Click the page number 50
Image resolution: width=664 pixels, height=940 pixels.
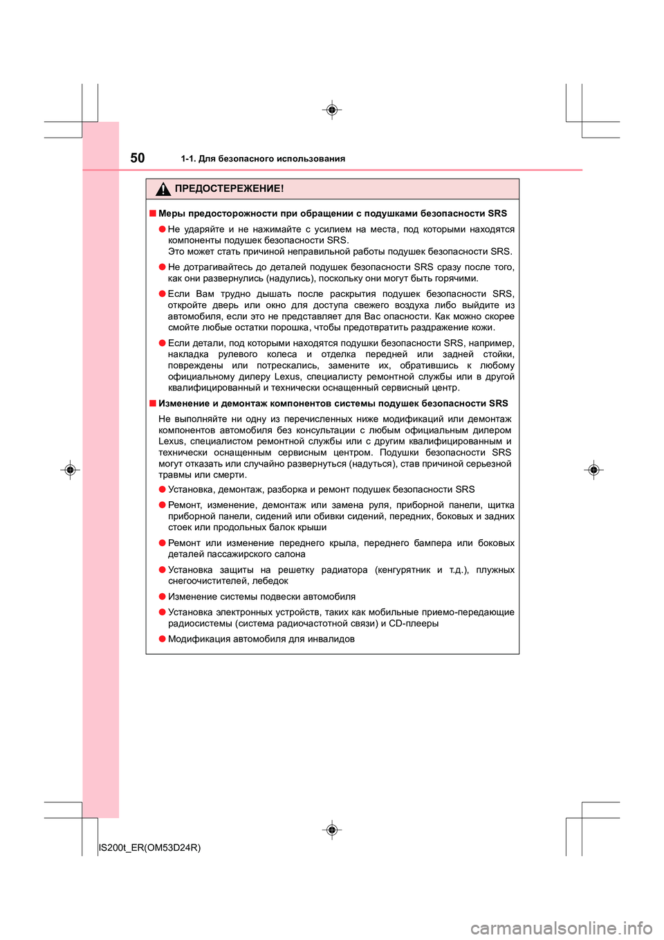coord(138,158)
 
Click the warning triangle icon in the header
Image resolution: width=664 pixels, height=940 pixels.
coord(163,189)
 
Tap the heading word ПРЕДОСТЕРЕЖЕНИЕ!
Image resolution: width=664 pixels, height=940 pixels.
coord(229,188)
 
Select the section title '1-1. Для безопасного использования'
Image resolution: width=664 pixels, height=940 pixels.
coord(263,159)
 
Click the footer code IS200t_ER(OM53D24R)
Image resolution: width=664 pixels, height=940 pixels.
coord(150,847)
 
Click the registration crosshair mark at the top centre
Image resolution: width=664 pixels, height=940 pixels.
coord(332,110)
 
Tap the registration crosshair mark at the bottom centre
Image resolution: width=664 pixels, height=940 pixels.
coord(332,829)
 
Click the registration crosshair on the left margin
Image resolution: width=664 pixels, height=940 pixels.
coord(69,470)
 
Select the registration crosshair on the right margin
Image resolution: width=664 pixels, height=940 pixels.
coord(593,470)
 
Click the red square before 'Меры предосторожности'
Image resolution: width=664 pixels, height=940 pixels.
coord(152,213)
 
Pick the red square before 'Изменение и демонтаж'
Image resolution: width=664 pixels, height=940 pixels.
coord(152,403)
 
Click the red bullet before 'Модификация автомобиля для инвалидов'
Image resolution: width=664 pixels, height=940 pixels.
coord(162,639)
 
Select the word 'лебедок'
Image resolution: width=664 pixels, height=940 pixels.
coord(271,581)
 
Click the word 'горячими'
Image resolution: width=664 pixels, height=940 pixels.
coord(454,278)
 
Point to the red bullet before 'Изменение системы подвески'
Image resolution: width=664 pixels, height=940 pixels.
coord(162,596)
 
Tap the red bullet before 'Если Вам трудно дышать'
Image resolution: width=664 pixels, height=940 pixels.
coord(162,293)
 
